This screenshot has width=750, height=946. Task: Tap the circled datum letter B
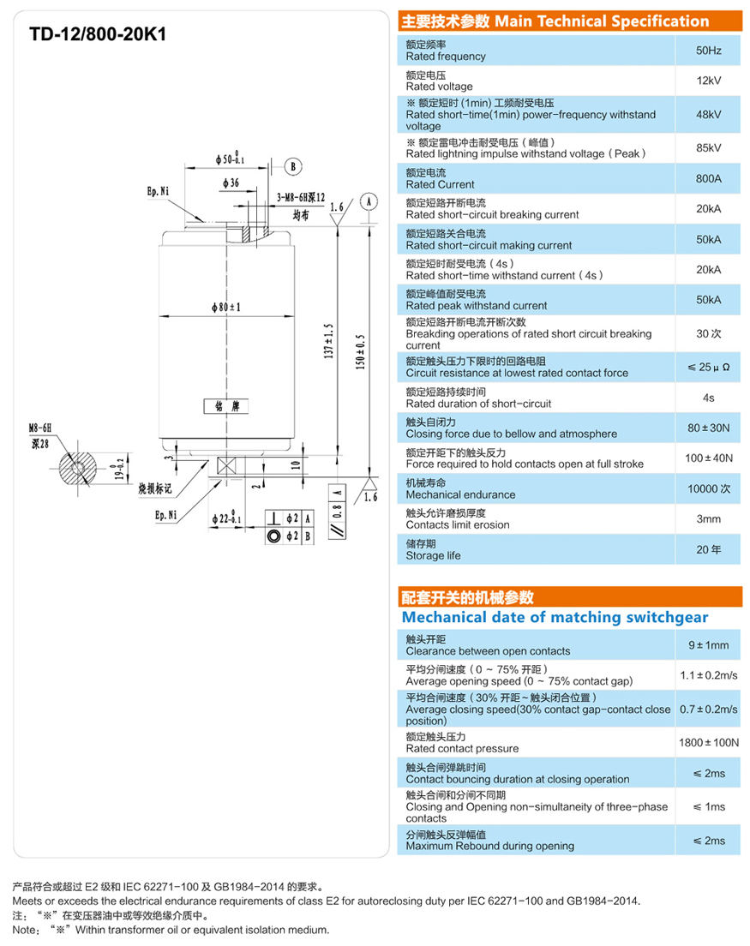click(292, 166)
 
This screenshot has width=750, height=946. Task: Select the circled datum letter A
click(368, 201)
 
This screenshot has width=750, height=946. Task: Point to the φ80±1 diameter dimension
click(226, 306)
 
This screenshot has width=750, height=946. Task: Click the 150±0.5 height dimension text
click(360, 351)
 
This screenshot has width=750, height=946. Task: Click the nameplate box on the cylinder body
click(227, 404)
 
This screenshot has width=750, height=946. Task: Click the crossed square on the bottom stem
click(228, 467)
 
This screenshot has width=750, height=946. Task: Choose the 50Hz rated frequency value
click(708, 51)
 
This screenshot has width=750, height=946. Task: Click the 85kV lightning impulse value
click(708, 147)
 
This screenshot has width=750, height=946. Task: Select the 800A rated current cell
click(708, 178)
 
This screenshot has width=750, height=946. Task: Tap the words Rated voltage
click(439, 87)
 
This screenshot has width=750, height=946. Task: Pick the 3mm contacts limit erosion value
click(708, 518)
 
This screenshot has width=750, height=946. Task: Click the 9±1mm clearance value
click(708, 645)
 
